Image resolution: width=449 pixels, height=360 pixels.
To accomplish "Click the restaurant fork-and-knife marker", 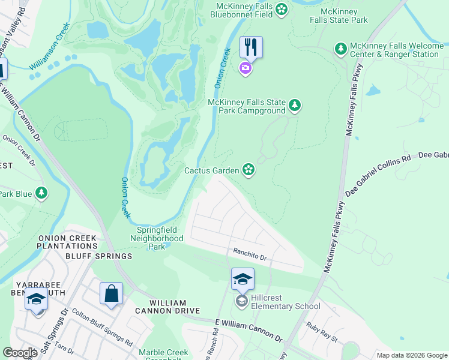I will pos(251,47).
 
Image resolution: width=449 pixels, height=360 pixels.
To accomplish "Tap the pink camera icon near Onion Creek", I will pos(246,68).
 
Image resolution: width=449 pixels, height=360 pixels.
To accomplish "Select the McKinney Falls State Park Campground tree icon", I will pos(295,106).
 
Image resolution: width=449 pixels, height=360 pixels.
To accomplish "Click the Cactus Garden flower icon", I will pos(249,170).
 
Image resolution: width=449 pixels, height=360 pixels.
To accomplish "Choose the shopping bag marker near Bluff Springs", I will pos(111,294).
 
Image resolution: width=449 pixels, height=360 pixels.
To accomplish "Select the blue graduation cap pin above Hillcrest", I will pos(243,279).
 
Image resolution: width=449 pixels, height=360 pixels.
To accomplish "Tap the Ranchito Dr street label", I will pos(249,256).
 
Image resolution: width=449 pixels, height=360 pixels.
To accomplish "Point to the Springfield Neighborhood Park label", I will pos(157,238).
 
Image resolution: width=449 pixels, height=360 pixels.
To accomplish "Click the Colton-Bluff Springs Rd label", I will pos(102,327).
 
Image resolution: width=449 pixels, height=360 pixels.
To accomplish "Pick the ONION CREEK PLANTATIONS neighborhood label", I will pos(67,242).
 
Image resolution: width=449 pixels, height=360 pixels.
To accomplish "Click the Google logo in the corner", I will pos(20,353).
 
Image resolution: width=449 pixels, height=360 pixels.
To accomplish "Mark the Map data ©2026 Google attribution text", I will pos(412,355).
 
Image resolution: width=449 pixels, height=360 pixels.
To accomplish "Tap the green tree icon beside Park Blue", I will pos(41,193).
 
